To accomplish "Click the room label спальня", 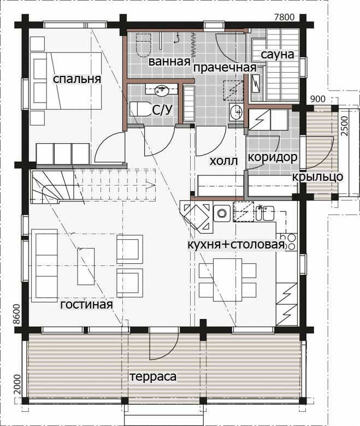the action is click(77, 79).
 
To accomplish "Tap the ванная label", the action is click(169, 62).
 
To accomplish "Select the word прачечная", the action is click(225, 68).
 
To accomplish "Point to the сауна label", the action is click(278, 55).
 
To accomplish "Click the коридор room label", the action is click(273, 158).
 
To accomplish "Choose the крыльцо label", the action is click(317, 177).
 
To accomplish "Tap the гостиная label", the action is click(86, 304).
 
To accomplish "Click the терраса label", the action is click(153, 377).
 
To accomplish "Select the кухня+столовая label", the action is click(236, 245).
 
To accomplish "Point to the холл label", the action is click(223, 161).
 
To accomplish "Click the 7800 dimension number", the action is click(284, 17).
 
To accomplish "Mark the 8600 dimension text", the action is click(17, 315).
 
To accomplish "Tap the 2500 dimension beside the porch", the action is click(344, 126).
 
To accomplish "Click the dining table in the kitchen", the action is click(227, 280).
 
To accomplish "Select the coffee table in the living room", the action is click(86, 267).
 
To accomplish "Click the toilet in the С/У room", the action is click(140, 109).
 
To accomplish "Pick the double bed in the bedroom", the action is click(66, 81).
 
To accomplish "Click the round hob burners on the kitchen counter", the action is click(290, 242).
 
